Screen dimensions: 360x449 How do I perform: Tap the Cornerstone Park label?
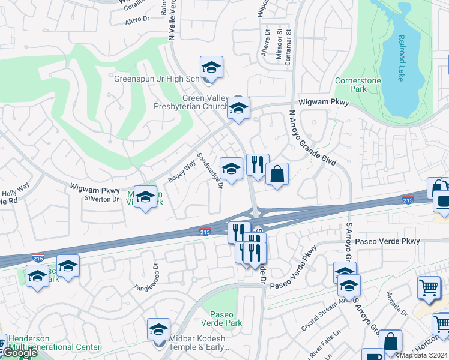tap(367, 85)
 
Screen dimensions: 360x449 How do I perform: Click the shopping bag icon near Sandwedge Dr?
tap(277, 174)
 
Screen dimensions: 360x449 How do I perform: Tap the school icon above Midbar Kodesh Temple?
tap(158, 329)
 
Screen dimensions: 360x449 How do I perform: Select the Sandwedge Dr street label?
tap(210, 170)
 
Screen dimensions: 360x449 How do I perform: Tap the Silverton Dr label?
tap(103, 199)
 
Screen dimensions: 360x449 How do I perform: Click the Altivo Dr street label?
tap(137, 19)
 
